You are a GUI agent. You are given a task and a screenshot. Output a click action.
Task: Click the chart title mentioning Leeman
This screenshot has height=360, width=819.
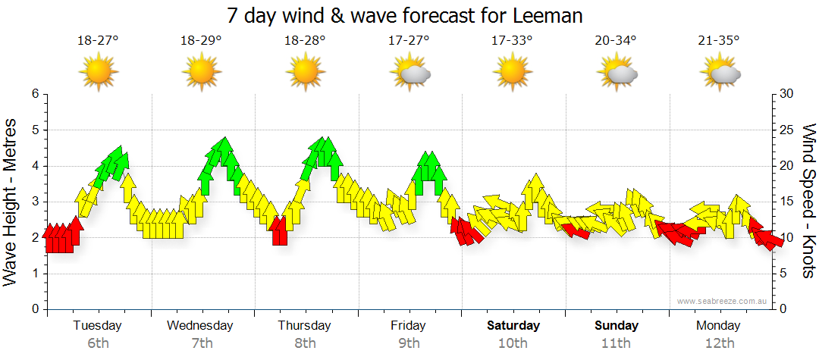coord(409,15)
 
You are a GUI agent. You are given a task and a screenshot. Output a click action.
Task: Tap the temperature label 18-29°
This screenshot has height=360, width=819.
coord(201,40)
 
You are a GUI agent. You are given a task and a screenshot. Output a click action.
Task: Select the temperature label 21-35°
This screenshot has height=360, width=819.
coord(719,40)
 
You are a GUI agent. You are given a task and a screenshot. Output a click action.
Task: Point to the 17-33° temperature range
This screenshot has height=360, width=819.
coord(512,40)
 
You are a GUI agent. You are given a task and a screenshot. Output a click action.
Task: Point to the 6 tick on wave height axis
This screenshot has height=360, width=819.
coord(34,94)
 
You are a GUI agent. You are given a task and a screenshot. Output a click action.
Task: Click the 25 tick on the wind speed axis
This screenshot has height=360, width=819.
coord(786,130)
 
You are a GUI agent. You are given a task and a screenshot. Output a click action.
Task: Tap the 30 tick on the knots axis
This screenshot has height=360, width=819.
coord(786,94)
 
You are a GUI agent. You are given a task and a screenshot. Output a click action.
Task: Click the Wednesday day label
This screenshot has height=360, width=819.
coord(200,326)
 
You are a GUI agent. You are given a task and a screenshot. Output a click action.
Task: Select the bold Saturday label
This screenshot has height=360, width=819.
coord(513,326)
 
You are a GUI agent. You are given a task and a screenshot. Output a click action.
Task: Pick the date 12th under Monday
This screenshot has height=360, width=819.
coord(720,343)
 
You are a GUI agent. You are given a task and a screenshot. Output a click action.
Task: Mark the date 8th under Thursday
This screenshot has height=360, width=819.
coord(305,343)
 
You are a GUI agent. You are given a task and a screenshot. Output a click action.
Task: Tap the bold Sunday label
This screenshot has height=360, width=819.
coord(617,326)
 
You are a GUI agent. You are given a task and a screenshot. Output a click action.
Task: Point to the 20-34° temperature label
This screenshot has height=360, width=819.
coord(616,40)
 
